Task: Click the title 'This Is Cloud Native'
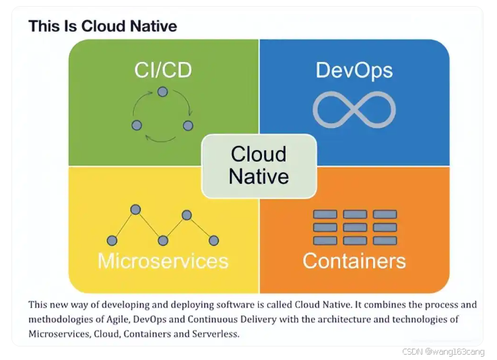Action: (x=103, y=26)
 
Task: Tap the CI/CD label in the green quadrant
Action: (x=162, y=71)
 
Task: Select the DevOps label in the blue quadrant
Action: (x=354, y=70)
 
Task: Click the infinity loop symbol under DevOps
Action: (x=354, y=110)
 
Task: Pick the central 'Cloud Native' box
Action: (x=259, y=166)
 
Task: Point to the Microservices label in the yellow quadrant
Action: (x=163, y=260)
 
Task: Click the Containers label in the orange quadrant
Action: (x=354, y=260)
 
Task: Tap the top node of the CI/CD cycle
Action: (x=162, y=92)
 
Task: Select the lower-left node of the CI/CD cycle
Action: (x=137, y=125)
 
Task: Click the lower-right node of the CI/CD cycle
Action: (x=188, y=125)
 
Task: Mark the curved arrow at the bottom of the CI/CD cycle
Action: (x=162, y=139)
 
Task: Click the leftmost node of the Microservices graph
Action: (x=112, y=240)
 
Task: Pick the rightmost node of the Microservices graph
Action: (x=213, y=240)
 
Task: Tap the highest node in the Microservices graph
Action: (x=135, y=209)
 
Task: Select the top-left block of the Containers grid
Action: (x=325, y=215)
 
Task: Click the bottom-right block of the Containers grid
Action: (x=385, y=240)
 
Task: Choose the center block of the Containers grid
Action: (x=355, y=227)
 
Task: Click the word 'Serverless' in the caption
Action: (x=216, y=334)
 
